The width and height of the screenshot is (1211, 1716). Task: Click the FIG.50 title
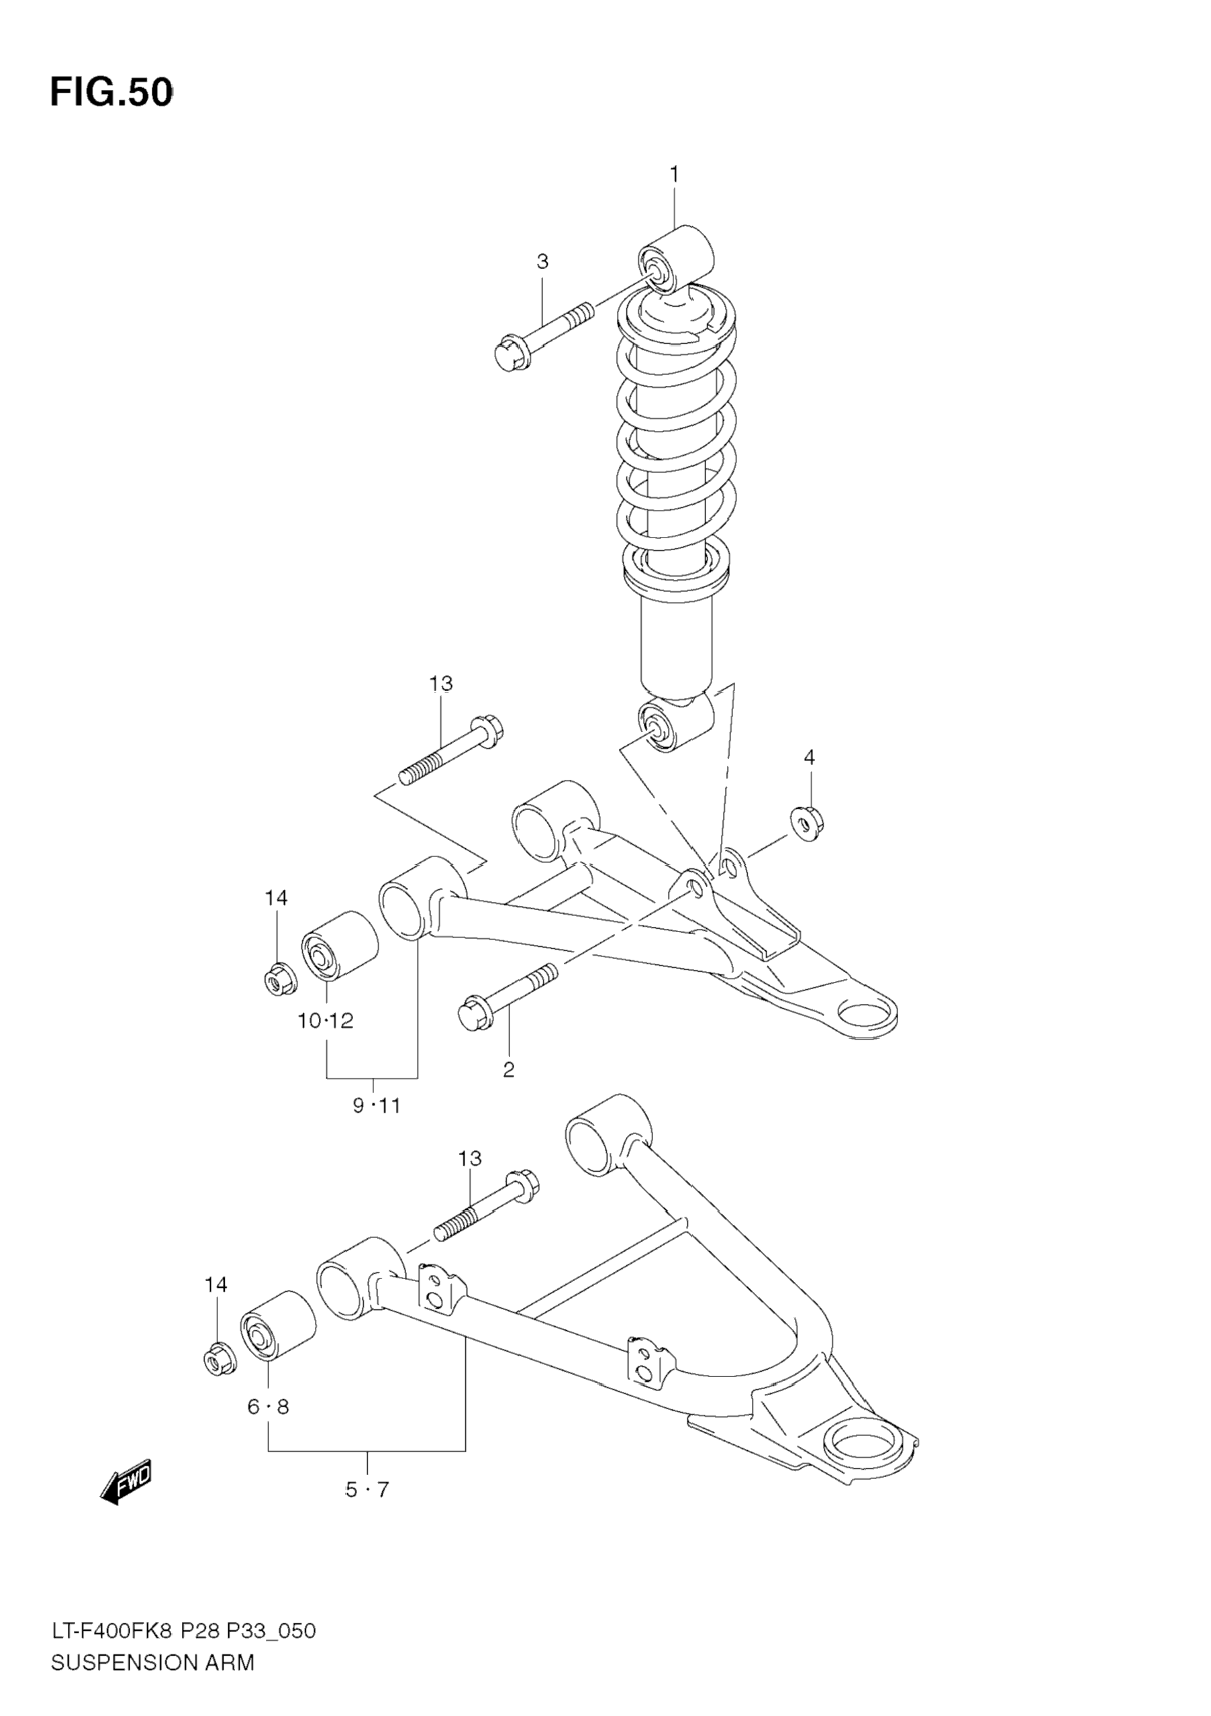[x=111, y=93]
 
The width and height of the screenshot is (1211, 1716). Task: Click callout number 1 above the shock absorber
[x=674, y=175]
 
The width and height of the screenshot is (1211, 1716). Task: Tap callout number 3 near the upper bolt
[x=542, y=262]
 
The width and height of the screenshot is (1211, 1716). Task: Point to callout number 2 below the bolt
[x=508, y=1070]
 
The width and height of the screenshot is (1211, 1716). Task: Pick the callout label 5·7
[x=367, y=1511]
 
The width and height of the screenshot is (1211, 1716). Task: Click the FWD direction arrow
[x=126, y=1479]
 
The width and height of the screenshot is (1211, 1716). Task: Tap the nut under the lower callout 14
[x=220, y=1360]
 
